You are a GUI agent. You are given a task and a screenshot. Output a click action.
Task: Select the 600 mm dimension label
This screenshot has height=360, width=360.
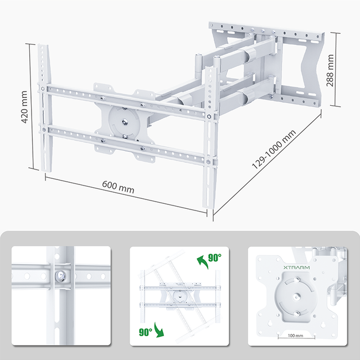tap(118, 187)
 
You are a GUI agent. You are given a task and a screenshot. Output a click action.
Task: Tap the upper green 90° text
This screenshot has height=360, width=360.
tap(214, 258)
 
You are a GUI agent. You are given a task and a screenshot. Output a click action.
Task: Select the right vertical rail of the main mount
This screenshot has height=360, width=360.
tap(209, 138)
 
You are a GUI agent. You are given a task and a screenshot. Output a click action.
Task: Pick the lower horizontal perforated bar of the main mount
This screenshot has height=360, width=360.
tap(127, 146)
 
